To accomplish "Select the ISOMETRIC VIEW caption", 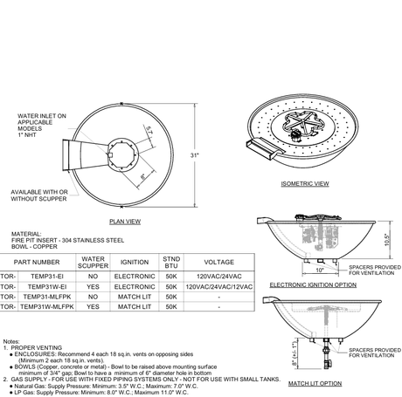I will tap(305, 184).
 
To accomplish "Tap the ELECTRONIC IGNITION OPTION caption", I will tap(312, 284).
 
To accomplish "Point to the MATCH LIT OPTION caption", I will tap(314, 382).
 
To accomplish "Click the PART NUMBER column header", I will tap(38, 261).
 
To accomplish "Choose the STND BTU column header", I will tap(170, 261).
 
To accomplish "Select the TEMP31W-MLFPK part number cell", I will tap(49, 307).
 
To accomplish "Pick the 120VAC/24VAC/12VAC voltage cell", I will tap(218, 286).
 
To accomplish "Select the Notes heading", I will tap(11, 340).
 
